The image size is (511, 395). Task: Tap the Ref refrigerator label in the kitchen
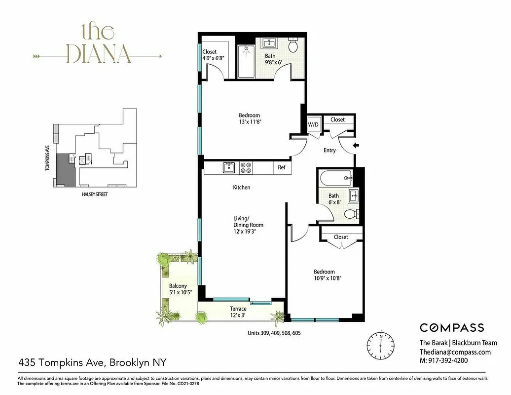[x=282, y=167]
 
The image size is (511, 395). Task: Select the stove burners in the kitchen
[x=246, y=168]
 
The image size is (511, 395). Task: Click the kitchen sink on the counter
[x=228, y=167]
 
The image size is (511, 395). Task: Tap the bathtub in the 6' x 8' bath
[x=335, y=176]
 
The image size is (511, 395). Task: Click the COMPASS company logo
[x=451, y=328]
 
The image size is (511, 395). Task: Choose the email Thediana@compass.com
[x=455, y=352]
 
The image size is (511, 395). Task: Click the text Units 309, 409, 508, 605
[x=274, y=333]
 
